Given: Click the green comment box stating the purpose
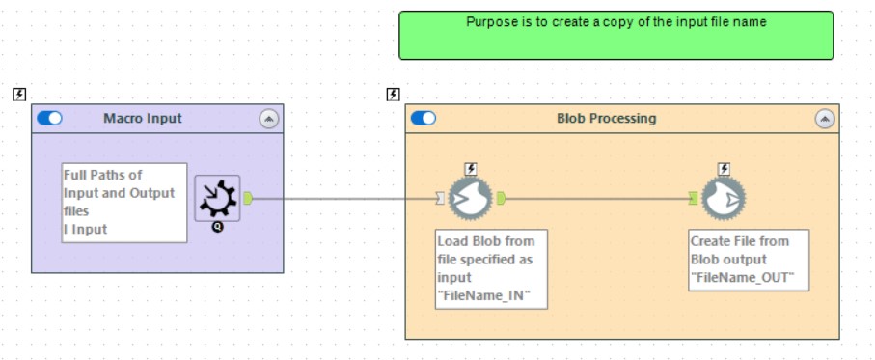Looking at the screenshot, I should tap(615, 36).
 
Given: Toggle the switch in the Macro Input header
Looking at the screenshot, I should tap(49, 119).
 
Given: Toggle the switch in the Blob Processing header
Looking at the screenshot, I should tap(423, 119).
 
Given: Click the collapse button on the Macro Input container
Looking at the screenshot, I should tap(268, 119).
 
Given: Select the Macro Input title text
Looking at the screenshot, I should tap(143, 119).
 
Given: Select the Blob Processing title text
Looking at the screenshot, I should tap(606, 119).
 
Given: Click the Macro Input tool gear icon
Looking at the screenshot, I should tap(216, 198).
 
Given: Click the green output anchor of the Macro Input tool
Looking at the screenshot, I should tap(248, 198).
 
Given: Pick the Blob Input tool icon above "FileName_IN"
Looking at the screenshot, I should tap(470, 198).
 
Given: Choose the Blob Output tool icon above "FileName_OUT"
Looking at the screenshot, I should tap(723, 198).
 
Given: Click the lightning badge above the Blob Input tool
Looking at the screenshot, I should tap(471, 169).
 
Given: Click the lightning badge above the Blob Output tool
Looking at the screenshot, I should tap(724, 169).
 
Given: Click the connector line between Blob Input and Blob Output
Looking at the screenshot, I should tap(598, 199).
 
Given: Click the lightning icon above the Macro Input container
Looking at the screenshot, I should tap(19, 94).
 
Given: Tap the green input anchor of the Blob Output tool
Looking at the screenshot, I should tap(693, 199).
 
